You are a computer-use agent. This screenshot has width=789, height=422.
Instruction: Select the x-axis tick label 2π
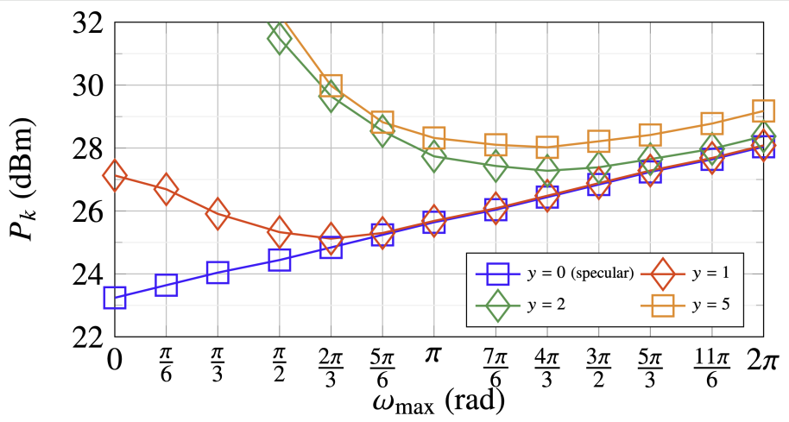tap(763, 360)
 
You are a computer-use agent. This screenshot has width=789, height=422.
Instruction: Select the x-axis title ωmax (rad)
tap(438, 401)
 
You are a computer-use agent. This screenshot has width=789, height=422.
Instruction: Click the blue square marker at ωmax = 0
tap(115, 298)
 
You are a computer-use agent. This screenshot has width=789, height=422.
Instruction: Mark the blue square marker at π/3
tap(218, 273)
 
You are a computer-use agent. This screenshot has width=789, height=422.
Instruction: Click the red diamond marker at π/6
tap(166, 190)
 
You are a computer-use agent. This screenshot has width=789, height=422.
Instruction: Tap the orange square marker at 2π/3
tap(331, 86)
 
